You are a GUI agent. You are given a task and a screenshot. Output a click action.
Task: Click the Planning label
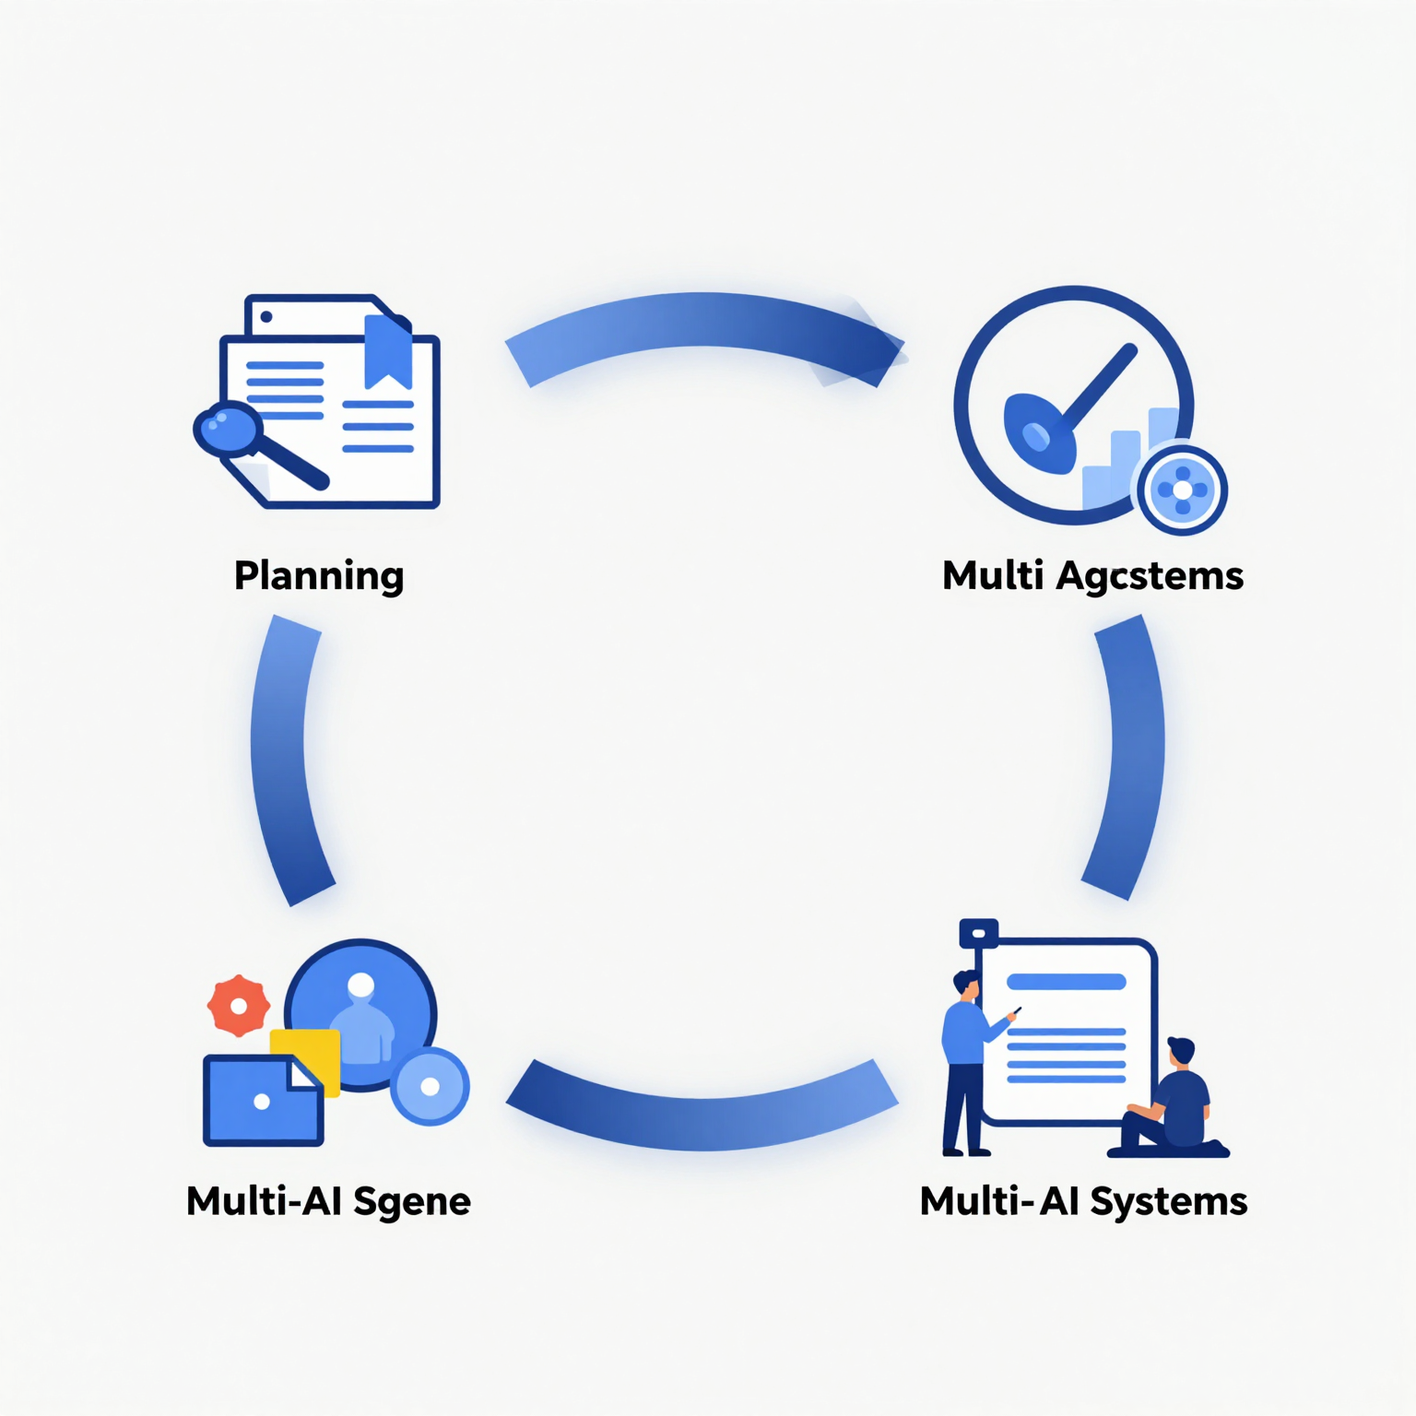(319, 576)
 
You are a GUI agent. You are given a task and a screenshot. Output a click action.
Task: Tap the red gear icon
(239, 1006)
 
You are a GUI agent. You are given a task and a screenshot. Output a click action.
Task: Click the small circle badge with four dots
(1183, 490)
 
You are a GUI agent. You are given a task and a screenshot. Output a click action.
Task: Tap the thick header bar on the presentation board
(1067, 982)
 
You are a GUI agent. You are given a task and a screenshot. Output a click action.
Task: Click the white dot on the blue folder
(262, 1102)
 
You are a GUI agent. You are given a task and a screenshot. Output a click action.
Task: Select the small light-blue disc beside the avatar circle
(430, 1087)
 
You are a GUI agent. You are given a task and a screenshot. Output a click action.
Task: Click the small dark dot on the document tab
(266, 317)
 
